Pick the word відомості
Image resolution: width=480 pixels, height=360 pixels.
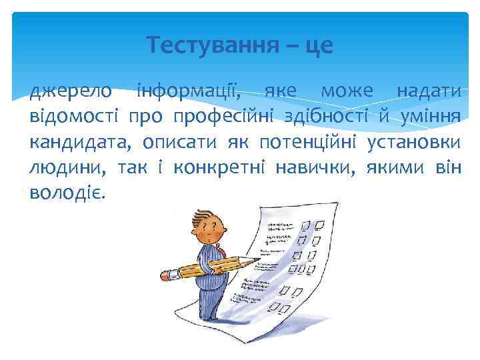74,117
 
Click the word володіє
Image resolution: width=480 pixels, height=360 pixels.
67,193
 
